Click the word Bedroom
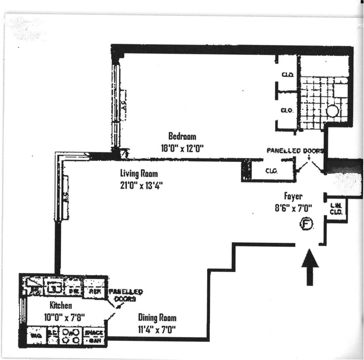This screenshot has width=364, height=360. [x=182, y=136]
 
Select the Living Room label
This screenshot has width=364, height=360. [x=139, y=174]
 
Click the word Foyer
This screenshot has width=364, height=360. [x=293, y=197]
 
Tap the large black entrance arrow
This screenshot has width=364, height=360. [x=310, y=267]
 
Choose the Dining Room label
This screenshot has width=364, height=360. [x=157, y=318]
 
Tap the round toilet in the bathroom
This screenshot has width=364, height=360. [x=332, y=110]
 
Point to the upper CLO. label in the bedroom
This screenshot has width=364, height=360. [x=288, y=75]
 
